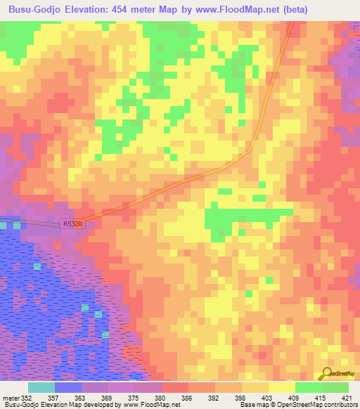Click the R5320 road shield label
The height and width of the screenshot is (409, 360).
[x=72, y=224]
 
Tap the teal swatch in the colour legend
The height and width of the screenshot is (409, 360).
[x=41, y=387]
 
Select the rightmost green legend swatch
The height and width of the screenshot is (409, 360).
[x=335, y=387]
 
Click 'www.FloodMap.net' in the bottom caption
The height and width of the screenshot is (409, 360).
[x=150, y=405]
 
